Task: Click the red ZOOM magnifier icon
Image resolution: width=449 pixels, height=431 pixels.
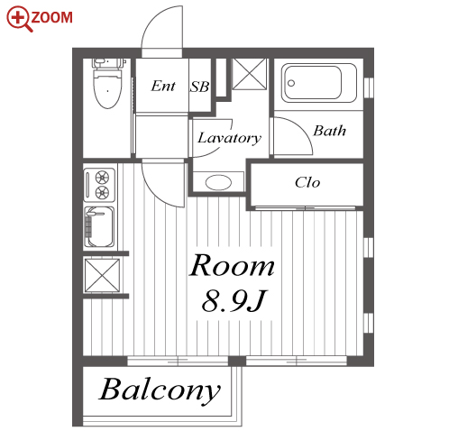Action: pos(19,19)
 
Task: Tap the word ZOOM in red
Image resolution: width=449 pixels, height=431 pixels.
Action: pos(51,17)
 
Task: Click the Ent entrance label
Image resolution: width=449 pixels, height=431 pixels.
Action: pos(163,86)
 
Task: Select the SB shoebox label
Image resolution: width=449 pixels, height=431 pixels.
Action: pos(199,87)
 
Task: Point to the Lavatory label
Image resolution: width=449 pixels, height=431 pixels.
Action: pos(229,138)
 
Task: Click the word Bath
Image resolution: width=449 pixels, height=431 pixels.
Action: pos(329,131)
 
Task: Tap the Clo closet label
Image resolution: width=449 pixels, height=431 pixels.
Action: pos(307,182)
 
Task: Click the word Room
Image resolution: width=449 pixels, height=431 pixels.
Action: pos(232,265)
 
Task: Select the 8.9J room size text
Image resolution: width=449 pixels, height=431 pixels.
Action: pos(234,301)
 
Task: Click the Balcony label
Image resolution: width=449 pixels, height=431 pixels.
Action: pos(160,390)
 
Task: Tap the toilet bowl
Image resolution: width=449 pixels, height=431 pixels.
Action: pos(108,88)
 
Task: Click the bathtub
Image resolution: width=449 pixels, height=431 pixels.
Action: pos(319,83)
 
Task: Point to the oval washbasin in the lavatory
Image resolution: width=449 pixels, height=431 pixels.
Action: pos(218,182)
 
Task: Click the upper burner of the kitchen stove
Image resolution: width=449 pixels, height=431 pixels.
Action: pos(102,178)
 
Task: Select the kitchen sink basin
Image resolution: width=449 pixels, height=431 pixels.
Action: pos(101,226)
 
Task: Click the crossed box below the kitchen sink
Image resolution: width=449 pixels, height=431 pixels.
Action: pos(102,275)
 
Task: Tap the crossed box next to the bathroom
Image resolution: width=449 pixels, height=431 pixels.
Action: pos(250,74)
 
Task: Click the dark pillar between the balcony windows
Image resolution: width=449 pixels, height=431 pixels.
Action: pos(237,361)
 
